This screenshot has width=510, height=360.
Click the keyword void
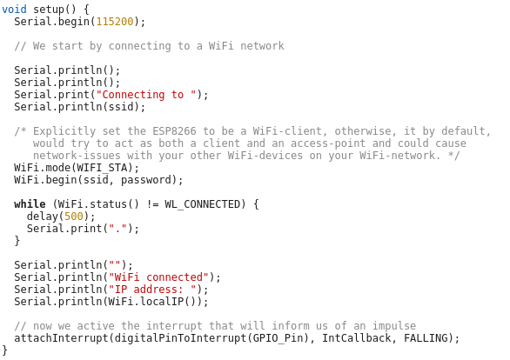click(14, 9)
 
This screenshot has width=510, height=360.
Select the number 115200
click(115, 22)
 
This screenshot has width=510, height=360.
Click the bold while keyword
click(30, 204)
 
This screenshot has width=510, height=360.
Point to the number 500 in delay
click(74, 217)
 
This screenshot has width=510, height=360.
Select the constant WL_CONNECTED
click(202, 204)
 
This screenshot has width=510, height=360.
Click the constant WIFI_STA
click(102, 168)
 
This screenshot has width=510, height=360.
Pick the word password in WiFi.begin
click(146, 180)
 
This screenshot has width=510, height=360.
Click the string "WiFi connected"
click(158, 277)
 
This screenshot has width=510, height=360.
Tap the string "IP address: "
click(152, 290)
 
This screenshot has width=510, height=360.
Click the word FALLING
click(426, 338)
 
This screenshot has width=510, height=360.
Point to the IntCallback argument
click(357, 338)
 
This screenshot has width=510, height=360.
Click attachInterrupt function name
click(61, 338)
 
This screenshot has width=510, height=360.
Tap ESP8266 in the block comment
click(174, 131)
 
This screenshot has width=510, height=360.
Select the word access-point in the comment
click(328, 143)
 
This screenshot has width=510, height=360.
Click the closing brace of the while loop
click(17, 241)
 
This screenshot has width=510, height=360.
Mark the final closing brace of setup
click(4, 350)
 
